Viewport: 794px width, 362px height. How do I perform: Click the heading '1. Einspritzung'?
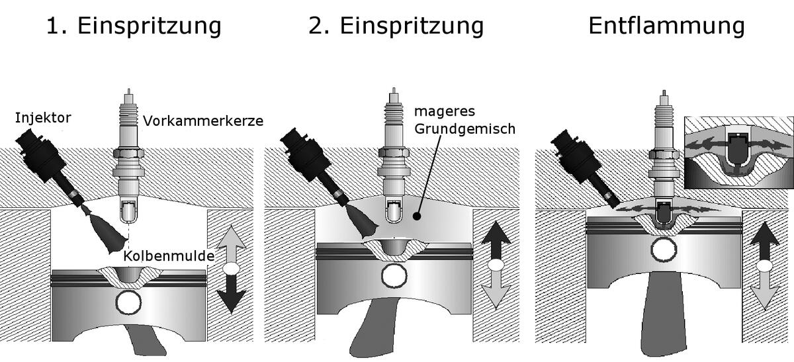click(x=133, y=26)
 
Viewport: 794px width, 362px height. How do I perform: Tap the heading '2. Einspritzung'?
click(x=396, y=26)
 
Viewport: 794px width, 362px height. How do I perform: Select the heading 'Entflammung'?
click(x=666, y=26)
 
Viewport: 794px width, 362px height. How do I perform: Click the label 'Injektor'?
click(x=43, y=119)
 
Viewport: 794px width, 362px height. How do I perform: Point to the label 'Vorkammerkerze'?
click(x=203, y=121)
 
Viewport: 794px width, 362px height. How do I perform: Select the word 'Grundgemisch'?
click(x=464, y=128)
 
